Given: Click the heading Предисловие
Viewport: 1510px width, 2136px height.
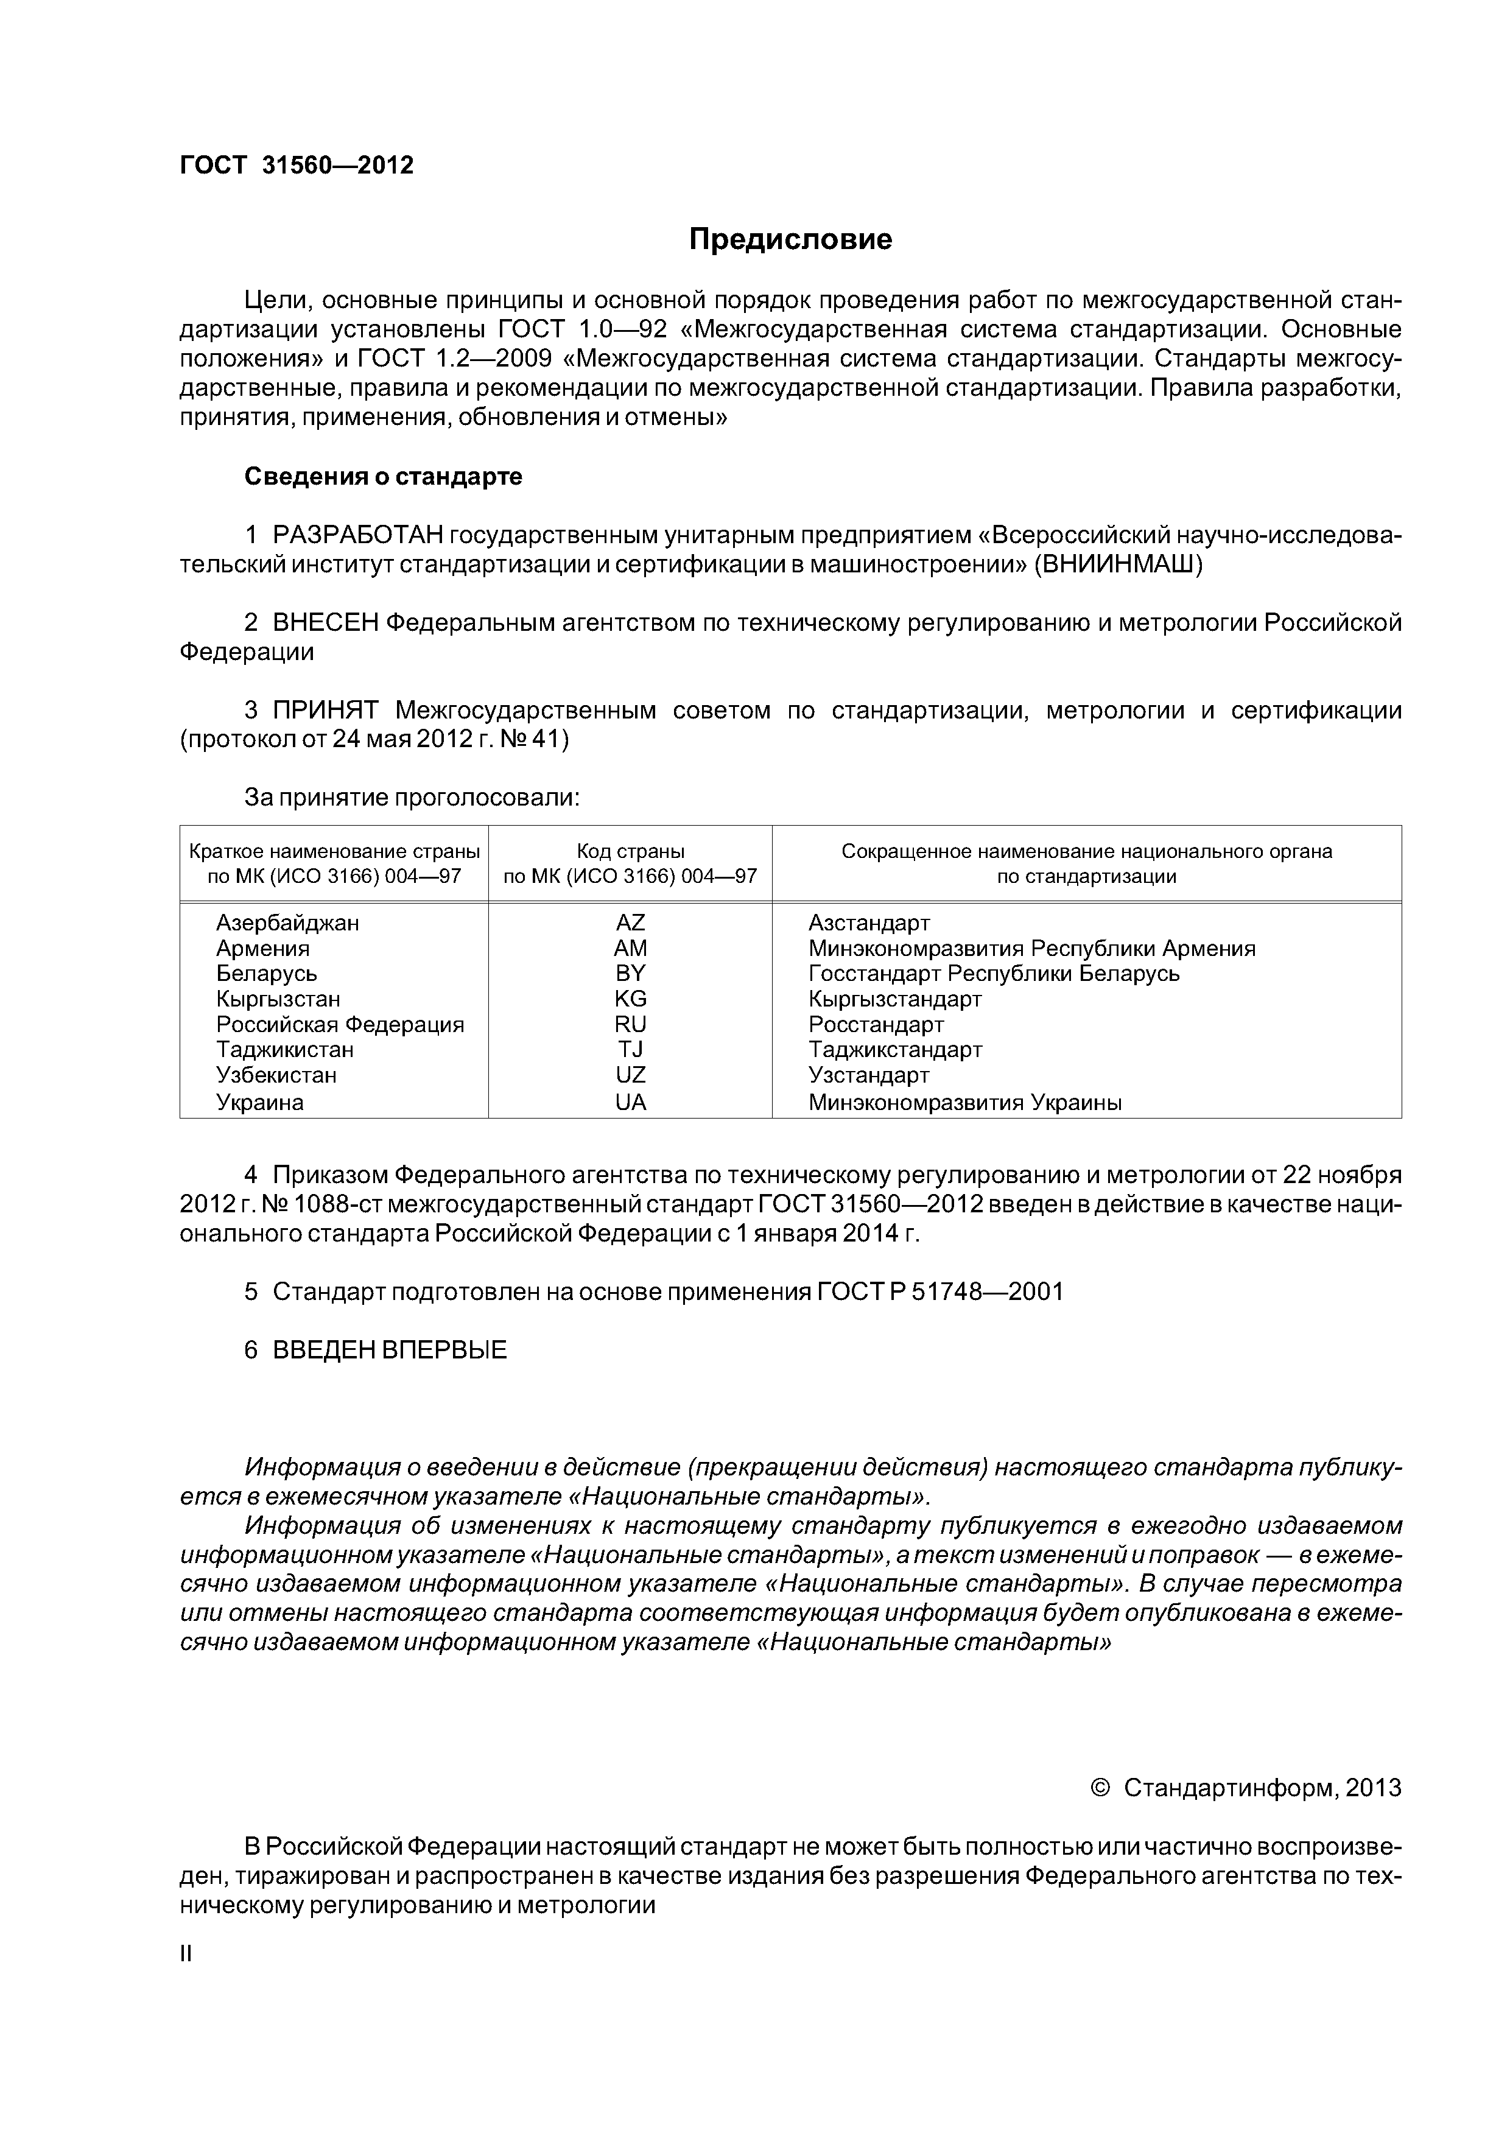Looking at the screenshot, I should (790, 240).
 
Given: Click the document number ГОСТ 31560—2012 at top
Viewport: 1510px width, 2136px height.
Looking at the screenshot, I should (296, 166).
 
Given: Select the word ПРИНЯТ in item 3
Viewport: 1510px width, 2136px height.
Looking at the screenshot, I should (326, 711).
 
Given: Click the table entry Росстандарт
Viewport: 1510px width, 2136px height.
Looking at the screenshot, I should (876, 1024).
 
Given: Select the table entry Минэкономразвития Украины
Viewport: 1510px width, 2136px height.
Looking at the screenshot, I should (965, 1103).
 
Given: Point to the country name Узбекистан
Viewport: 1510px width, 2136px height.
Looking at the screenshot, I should (276, 1075).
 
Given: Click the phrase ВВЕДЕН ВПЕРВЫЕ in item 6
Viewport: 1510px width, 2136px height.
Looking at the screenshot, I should (389, 1350).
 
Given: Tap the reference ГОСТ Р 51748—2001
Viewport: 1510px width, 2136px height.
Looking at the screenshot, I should (939, 1291).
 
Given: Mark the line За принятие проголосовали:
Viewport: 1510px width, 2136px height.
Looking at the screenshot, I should (411, 797).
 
